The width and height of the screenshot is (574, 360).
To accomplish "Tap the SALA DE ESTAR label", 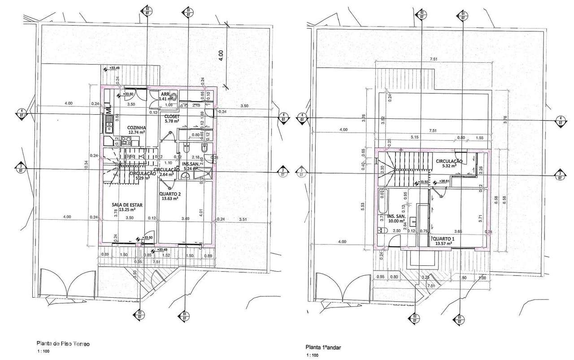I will click(x=127, y=205).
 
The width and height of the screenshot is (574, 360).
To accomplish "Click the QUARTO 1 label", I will click(x=444, y=239).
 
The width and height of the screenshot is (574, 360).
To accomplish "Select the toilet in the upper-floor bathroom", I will click(x=382, y=230).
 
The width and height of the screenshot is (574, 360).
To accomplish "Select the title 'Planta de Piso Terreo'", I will click(x=63, y=344).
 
